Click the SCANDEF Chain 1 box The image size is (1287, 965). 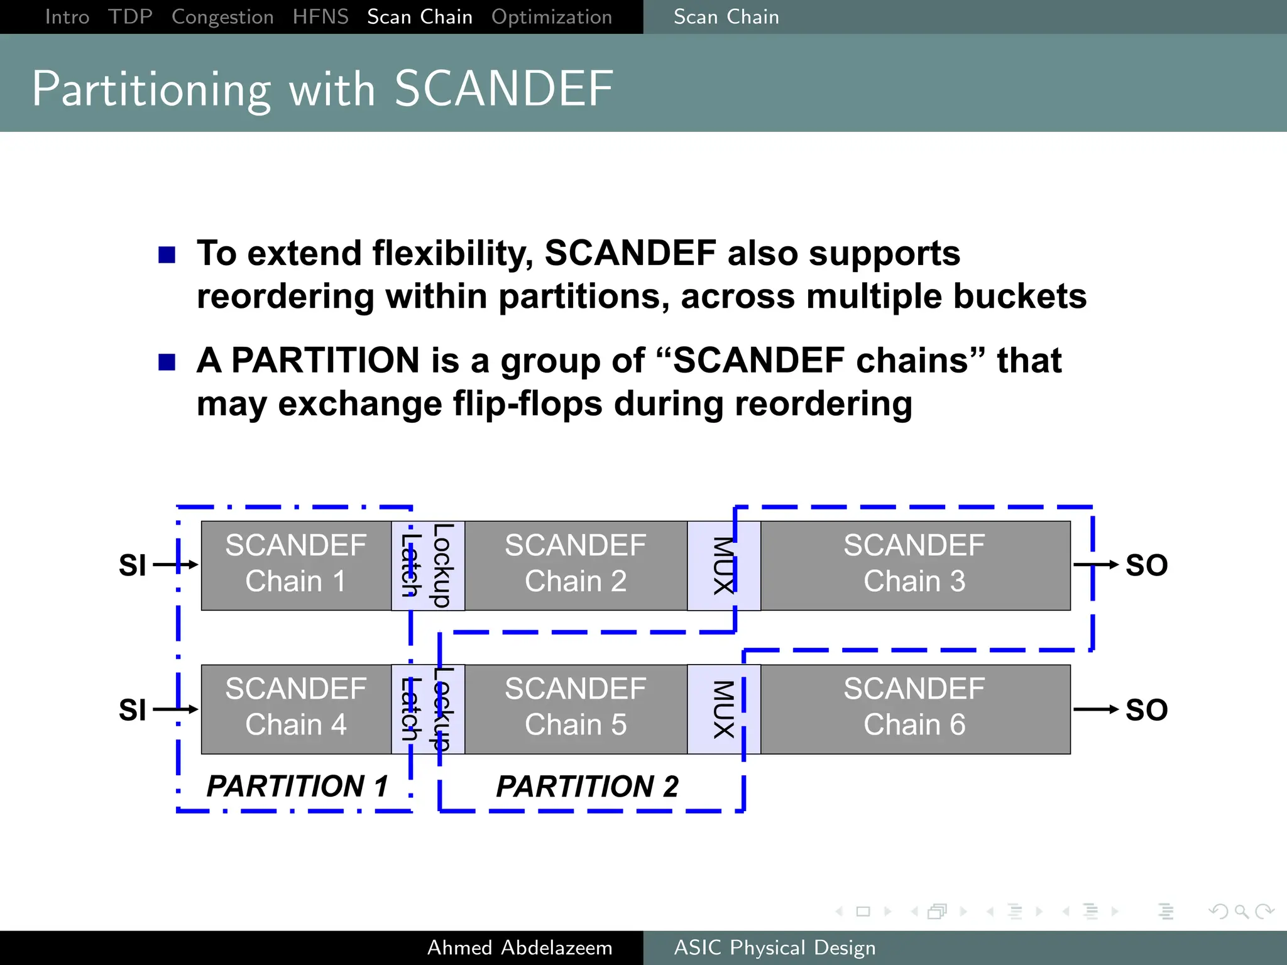pos(295,565)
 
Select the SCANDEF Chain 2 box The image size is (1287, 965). pos(575,565)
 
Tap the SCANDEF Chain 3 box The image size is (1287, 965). pos(914,565)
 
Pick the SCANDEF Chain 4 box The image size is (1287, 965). pos(295,709)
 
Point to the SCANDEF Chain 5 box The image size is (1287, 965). pos(575,709)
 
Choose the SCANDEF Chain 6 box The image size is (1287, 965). pos(914,709)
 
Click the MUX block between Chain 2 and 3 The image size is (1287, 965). pos(723,565)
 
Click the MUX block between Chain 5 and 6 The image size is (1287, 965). pos(723,709)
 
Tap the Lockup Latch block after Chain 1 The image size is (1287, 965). pos(428,565)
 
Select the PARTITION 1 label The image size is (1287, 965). pos(297,786)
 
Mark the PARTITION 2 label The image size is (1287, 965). pos(587,787)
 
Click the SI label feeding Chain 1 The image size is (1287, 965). pos(132,565)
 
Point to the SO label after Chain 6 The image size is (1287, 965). pos(1146,710)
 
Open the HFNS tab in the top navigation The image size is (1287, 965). pos(320,17)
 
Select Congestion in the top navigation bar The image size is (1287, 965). pos(222,17)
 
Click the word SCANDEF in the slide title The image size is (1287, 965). pos(503,89)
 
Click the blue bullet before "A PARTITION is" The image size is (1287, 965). pos(167,363)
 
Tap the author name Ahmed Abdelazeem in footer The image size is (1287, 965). pos(520,947)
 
